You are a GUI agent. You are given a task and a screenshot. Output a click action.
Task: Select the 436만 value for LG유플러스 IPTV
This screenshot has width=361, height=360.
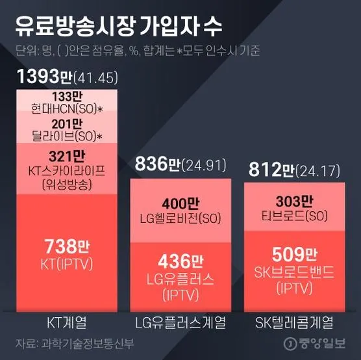tap(175, 262)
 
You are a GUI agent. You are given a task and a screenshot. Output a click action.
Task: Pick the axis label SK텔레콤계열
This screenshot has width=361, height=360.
tap(290, 322)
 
